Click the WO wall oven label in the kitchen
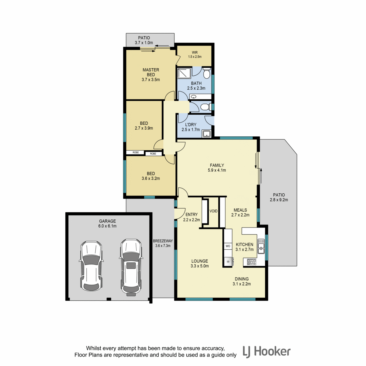[x=228, y=246]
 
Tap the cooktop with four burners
[x=251, y=262]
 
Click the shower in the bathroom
[x=184, y=73]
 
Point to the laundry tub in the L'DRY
[x=206, y=134]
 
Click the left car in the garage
[x=91, y=266]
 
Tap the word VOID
[x=213, y=211]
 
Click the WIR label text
[x=195, y=52]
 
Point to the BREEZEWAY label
[x=163, y=241]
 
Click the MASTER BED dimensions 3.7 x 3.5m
[x=151, y=80]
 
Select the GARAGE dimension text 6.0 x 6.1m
[x=107, y=226]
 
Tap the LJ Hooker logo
[x=267, y=352]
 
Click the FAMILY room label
[x=217, y=165]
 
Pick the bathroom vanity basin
[x=194, y=97]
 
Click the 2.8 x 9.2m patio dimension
[x=279, y=200]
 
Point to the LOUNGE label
[x=199, y=261]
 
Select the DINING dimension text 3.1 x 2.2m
[x=242, y=284]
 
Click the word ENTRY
[x=192, y=214]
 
